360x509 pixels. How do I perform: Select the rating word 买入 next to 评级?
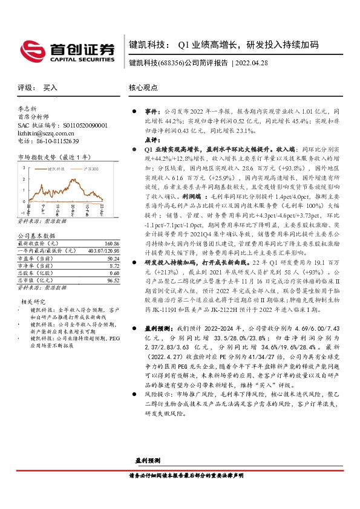[50, 88]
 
